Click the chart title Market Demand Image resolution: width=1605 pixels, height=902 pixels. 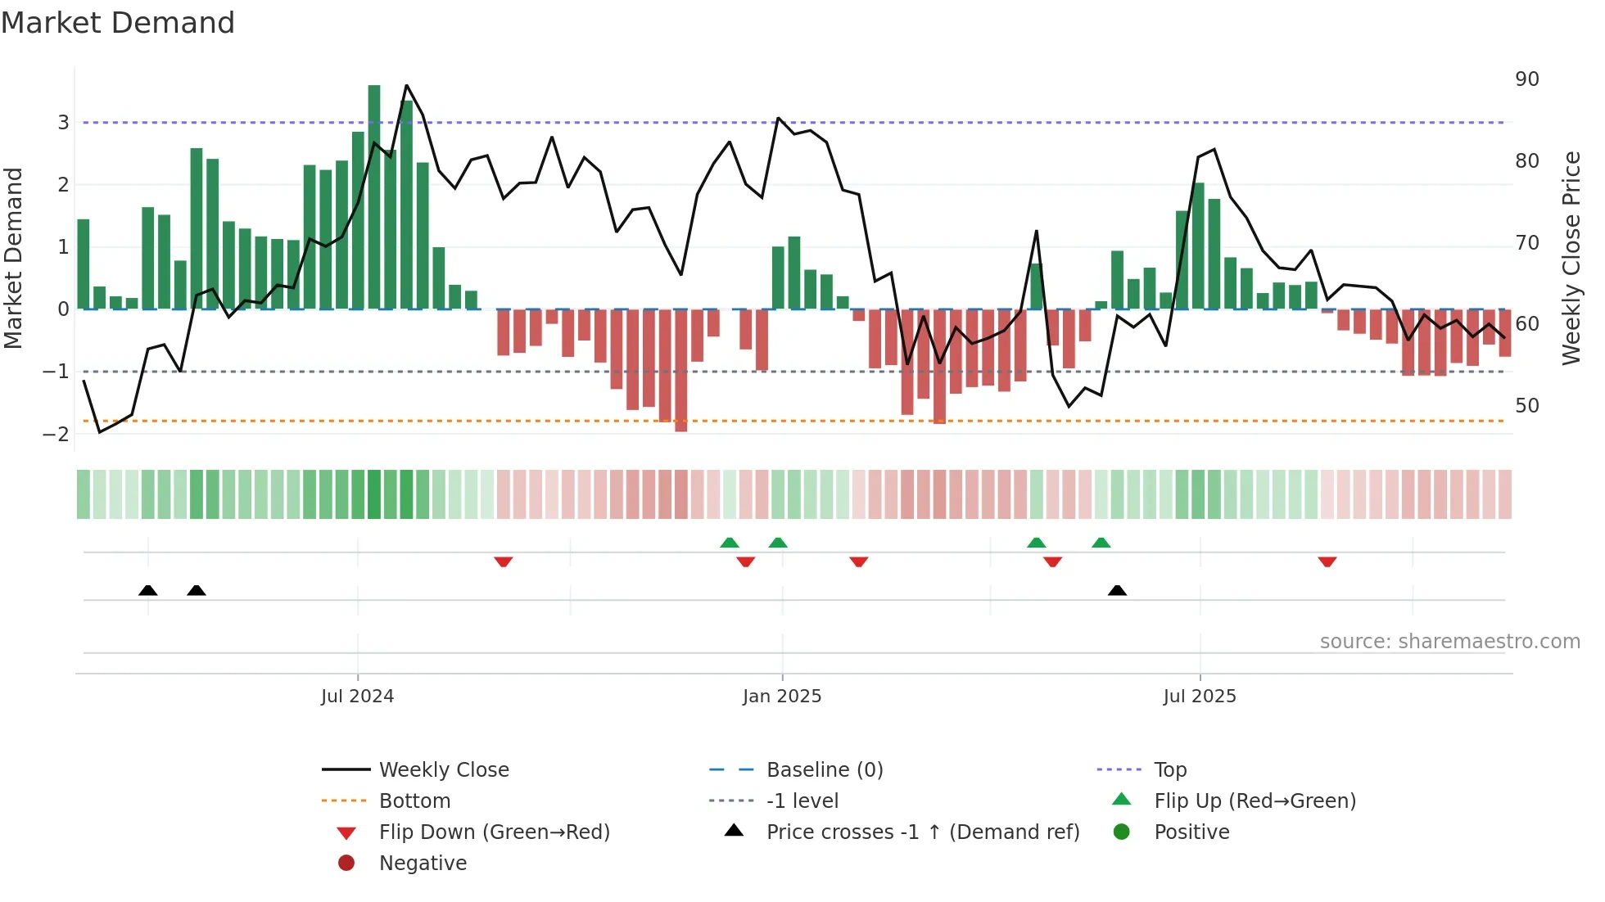[118, 23]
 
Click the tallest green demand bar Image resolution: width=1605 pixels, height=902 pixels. [374, 196]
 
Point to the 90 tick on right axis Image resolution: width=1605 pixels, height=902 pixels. [1526, 79]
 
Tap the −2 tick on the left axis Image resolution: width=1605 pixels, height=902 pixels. [56, 434]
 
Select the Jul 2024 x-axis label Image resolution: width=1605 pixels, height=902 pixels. [357, 697]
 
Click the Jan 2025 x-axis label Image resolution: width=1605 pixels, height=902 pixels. [781, 697]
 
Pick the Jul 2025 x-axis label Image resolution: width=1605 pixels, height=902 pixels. [1199, 697]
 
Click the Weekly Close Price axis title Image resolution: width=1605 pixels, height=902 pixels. [1571, 258]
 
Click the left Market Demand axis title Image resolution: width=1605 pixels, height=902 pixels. [13, 258]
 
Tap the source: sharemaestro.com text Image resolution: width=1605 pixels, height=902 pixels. [1449, 642]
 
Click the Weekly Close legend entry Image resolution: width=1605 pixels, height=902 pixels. [443, 770]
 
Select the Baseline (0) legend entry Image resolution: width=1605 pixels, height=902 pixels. [824, 770]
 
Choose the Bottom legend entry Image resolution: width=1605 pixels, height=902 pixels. [414, 801]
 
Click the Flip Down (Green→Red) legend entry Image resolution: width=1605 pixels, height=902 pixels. [494, 832]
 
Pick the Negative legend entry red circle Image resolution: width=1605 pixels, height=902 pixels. [346, 864]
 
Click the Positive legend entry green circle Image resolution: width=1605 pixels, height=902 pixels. [1122, 832]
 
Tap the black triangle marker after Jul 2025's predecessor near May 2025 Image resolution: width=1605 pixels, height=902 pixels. [1117, 590]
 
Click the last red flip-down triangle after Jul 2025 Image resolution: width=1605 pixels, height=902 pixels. [1327, 561]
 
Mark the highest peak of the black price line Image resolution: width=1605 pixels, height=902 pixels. [406, 85]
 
